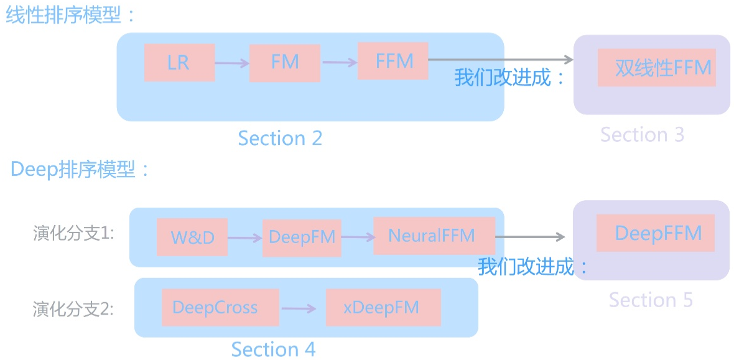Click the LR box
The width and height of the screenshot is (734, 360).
179,63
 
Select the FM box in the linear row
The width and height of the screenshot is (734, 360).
284,63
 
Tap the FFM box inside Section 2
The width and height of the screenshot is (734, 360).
393,61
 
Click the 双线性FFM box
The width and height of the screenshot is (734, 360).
657,68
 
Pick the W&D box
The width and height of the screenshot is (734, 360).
192,238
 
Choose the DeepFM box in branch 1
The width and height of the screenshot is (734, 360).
302,238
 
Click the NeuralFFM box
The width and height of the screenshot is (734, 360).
434,236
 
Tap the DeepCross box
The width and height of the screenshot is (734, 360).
220,308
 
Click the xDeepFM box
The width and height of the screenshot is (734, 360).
383,308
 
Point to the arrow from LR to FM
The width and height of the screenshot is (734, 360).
232,63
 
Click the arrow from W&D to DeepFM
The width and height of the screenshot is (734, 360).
245,238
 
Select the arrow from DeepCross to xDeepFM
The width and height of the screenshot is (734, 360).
302,308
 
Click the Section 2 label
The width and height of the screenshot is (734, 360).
280,138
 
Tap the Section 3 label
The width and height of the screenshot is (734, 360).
642,134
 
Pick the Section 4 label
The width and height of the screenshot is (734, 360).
273,349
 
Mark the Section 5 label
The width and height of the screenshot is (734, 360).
651,300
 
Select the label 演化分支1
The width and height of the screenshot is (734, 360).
73,234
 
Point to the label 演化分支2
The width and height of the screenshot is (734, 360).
73,309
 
